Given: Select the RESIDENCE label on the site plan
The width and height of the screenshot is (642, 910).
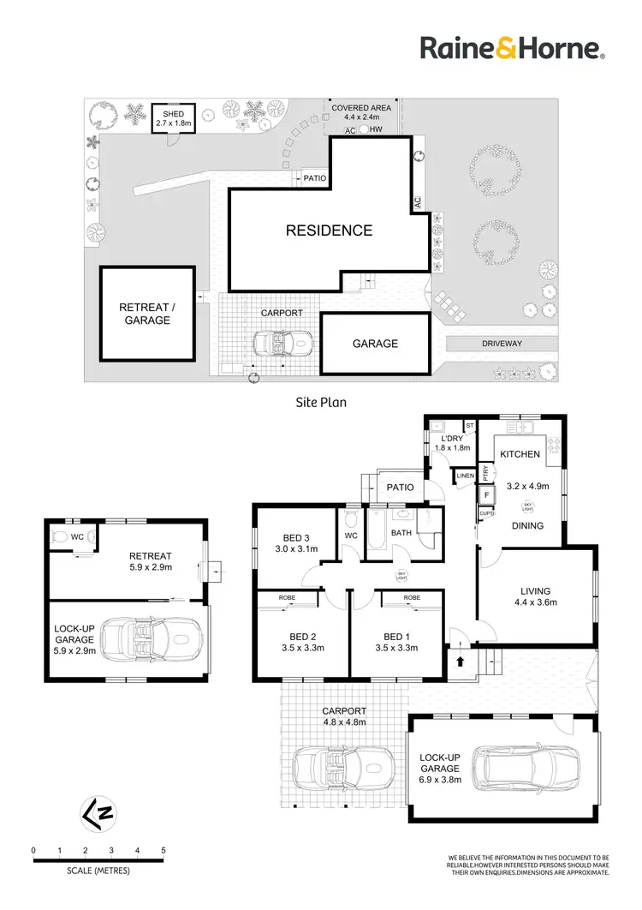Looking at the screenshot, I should coord(329,230).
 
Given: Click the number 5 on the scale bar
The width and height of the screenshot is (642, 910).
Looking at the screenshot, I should coord(163,850).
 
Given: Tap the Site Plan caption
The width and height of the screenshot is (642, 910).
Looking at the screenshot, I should coord(320,400).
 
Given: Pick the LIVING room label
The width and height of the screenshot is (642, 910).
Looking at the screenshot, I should coord(535,590).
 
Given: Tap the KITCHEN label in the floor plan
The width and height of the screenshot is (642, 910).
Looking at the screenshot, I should coord(520,453).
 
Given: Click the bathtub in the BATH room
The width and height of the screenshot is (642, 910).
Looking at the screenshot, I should coord(377,541).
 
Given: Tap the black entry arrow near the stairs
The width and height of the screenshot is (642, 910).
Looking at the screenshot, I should coord(459,662).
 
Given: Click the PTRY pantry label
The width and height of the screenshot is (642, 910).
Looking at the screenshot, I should coord(485,471).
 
